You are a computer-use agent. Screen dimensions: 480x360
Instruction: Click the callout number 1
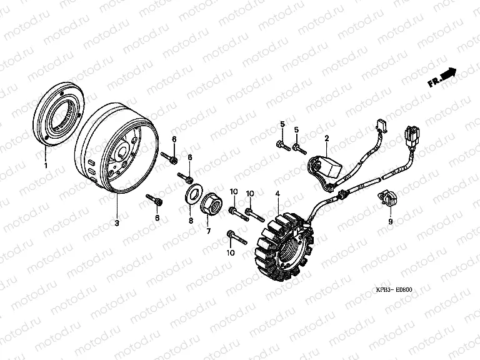pyautogui.click(x=46, y=166)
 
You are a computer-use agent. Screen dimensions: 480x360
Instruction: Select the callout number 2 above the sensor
pyautogui.click(x=327, y=138)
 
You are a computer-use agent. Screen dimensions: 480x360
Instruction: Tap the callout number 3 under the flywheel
pyautogui.click(x=117, y=223)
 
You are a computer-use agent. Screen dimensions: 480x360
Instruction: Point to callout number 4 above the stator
pyautogui.click(x=277, y=194)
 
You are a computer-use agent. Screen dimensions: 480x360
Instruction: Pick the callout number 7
pyautogui.click(x=209, y=231)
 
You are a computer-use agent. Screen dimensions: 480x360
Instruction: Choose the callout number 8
pyautogui.click(x=191, y=221)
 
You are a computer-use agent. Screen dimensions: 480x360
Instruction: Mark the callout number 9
pyautogui.click(x=390, y=221)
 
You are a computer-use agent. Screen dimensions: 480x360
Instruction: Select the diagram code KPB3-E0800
pyautogui.click(x=394, y=289)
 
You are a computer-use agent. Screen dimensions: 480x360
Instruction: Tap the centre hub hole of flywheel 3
pyautogui.click(x=124, y=152)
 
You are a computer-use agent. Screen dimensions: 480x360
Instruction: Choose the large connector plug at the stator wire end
pyautogui.click(x=410, y=135)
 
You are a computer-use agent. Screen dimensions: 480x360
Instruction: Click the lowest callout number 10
pyautogui.click(x=231, y=253)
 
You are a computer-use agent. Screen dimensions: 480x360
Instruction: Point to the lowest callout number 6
pyautogui.click(x=157, y=217)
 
